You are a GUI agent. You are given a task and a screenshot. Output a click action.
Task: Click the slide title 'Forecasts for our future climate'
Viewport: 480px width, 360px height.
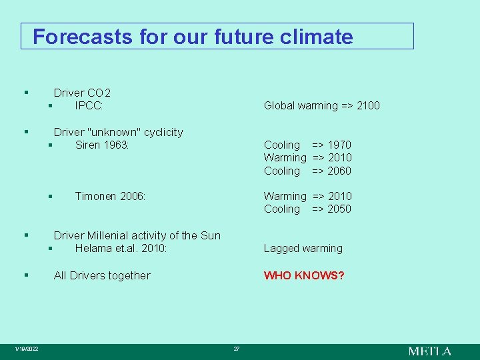(x=193, y=37)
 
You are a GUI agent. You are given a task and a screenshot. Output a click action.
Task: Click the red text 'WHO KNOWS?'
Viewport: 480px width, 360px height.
(x=304, y=275)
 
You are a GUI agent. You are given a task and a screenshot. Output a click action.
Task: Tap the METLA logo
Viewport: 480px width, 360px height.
(x=429, y=351)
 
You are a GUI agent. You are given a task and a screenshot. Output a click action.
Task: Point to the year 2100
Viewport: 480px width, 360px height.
(x=368, y=105)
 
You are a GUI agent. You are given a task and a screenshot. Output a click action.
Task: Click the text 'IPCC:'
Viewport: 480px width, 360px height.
(x=88, y=105)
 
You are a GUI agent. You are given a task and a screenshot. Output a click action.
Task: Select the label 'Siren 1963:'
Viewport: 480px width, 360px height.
(x=102, y=145)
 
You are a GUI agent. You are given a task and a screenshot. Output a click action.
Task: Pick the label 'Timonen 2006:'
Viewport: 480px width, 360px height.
(x=110, y=196)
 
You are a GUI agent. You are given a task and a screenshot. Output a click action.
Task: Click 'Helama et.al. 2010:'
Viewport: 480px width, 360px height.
(x=121, y=248)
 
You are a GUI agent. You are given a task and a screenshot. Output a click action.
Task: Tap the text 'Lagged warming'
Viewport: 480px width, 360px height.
(x=303, y=248)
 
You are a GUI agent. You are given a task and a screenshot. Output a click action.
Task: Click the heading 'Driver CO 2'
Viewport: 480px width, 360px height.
(x=82, y=93)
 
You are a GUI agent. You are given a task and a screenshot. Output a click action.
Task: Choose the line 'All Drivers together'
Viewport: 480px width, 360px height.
(x=102, y=275)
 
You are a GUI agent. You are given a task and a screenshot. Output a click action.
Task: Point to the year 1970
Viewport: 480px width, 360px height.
(x=339, y=145)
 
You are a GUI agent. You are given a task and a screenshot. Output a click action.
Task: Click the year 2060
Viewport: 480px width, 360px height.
(x=339, y=171)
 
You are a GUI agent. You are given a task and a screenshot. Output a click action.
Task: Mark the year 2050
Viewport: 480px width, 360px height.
(x=339, y=209)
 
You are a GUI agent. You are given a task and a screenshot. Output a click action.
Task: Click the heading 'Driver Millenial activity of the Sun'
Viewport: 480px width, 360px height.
(x=137, y=235)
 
